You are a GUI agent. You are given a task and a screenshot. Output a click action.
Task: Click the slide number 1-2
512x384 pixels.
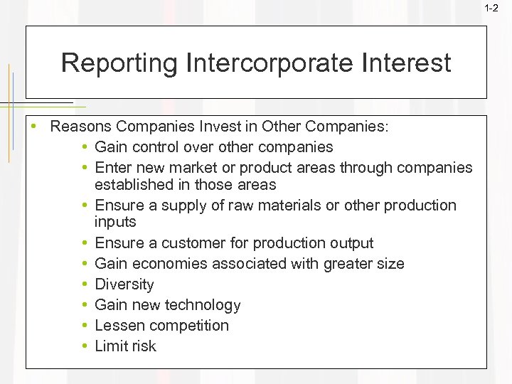pyautogui.click(x=491, y=8)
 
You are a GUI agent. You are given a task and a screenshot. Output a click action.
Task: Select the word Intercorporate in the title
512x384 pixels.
pyautogui.click(x=274, y=63)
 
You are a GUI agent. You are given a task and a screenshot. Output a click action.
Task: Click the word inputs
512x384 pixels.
pyautogui.click(x=114, y=223)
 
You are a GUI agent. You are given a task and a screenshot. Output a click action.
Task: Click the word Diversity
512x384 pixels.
pyautogui.click(x=124, y=284)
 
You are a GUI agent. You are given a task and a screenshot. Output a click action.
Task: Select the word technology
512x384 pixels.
pyautogui.click(x=203, y=306)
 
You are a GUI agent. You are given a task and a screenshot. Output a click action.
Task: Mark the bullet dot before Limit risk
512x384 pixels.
pyautogui.click(x=85, y=346)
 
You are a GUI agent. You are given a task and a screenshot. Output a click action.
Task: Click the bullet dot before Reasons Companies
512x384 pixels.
pyautogui.click(x=33, y=127)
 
